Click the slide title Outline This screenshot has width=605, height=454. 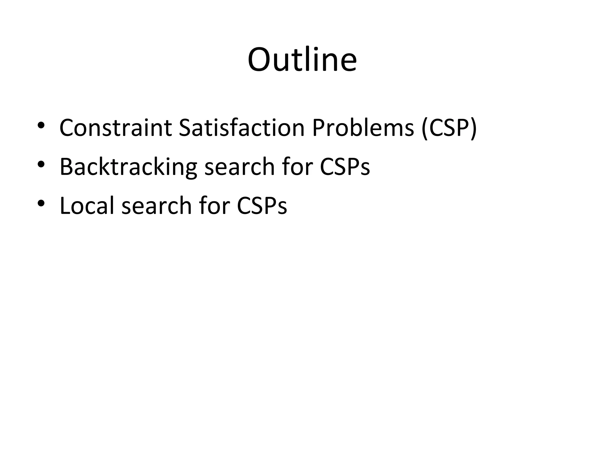click(x=302, y=60)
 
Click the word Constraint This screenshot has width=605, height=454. click(x=116, y=128)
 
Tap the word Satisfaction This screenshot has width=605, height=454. click(x=241, y=128)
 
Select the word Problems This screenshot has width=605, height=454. click(x=363, y=128)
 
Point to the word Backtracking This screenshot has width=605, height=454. click(x=128, y=167)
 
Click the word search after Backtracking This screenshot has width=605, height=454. click(x=239, y=167)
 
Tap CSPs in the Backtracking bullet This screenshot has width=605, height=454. click(x=345, y=167)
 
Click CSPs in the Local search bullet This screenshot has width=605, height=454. click(x=262, y=205)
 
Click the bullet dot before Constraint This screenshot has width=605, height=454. click(x=41, y=125)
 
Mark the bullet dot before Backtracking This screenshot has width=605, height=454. click(x=41, y=164)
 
